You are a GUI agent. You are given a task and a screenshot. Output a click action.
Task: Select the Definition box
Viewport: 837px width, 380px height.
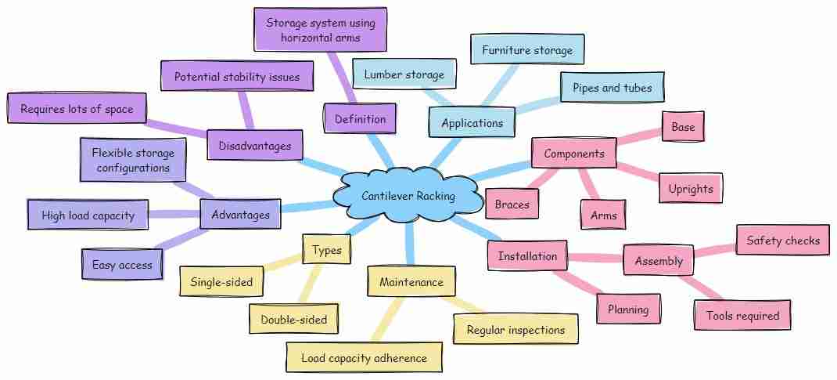[x=360, y=119]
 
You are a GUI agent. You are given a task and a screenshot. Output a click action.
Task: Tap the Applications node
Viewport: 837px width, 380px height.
[x=472, y=123]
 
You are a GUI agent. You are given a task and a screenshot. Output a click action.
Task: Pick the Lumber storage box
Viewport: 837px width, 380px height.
[x=404, y=74]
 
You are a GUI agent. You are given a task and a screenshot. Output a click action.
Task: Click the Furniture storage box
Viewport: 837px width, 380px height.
[x=527, y=51]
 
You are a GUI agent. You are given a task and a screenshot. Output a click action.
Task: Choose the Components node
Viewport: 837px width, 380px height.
[x=573, y=154]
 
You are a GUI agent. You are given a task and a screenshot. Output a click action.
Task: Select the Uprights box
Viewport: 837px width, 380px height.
[x=691, y=189]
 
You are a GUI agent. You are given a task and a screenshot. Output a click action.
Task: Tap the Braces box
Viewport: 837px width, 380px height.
[x=512, y=205]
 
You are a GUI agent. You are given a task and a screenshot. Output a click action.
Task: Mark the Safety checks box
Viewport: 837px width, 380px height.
[x=782, y=241]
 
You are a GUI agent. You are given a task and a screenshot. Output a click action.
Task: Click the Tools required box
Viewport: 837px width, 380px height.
[x=742, y=316]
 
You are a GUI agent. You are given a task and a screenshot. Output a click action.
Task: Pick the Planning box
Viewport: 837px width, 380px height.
[x=628, y=309]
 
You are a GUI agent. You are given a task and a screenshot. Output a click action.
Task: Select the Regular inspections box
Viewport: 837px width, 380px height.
[x=515, y=330]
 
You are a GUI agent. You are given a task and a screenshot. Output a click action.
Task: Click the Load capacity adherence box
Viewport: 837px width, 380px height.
[x=365, y=358]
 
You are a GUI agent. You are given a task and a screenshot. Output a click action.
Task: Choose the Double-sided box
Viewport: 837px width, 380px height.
[x=293, y=319]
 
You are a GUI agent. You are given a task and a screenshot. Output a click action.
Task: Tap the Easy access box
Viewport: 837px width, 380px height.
[x=121, y=265]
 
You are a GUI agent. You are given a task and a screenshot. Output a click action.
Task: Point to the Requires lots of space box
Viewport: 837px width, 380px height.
[x=76, y=109]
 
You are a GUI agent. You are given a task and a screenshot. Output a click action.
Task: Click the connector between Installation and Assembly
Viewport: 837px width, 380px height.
[x=595, y=258]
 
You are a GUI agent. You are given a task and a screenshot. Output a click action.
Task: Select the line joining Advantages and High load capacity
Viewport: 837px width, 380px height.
[x=174, y=214]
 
